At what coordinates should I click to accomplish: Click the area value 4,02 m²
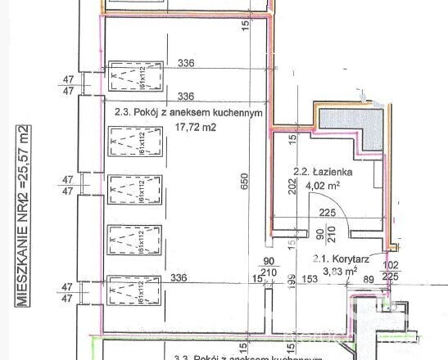(322, 186)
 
